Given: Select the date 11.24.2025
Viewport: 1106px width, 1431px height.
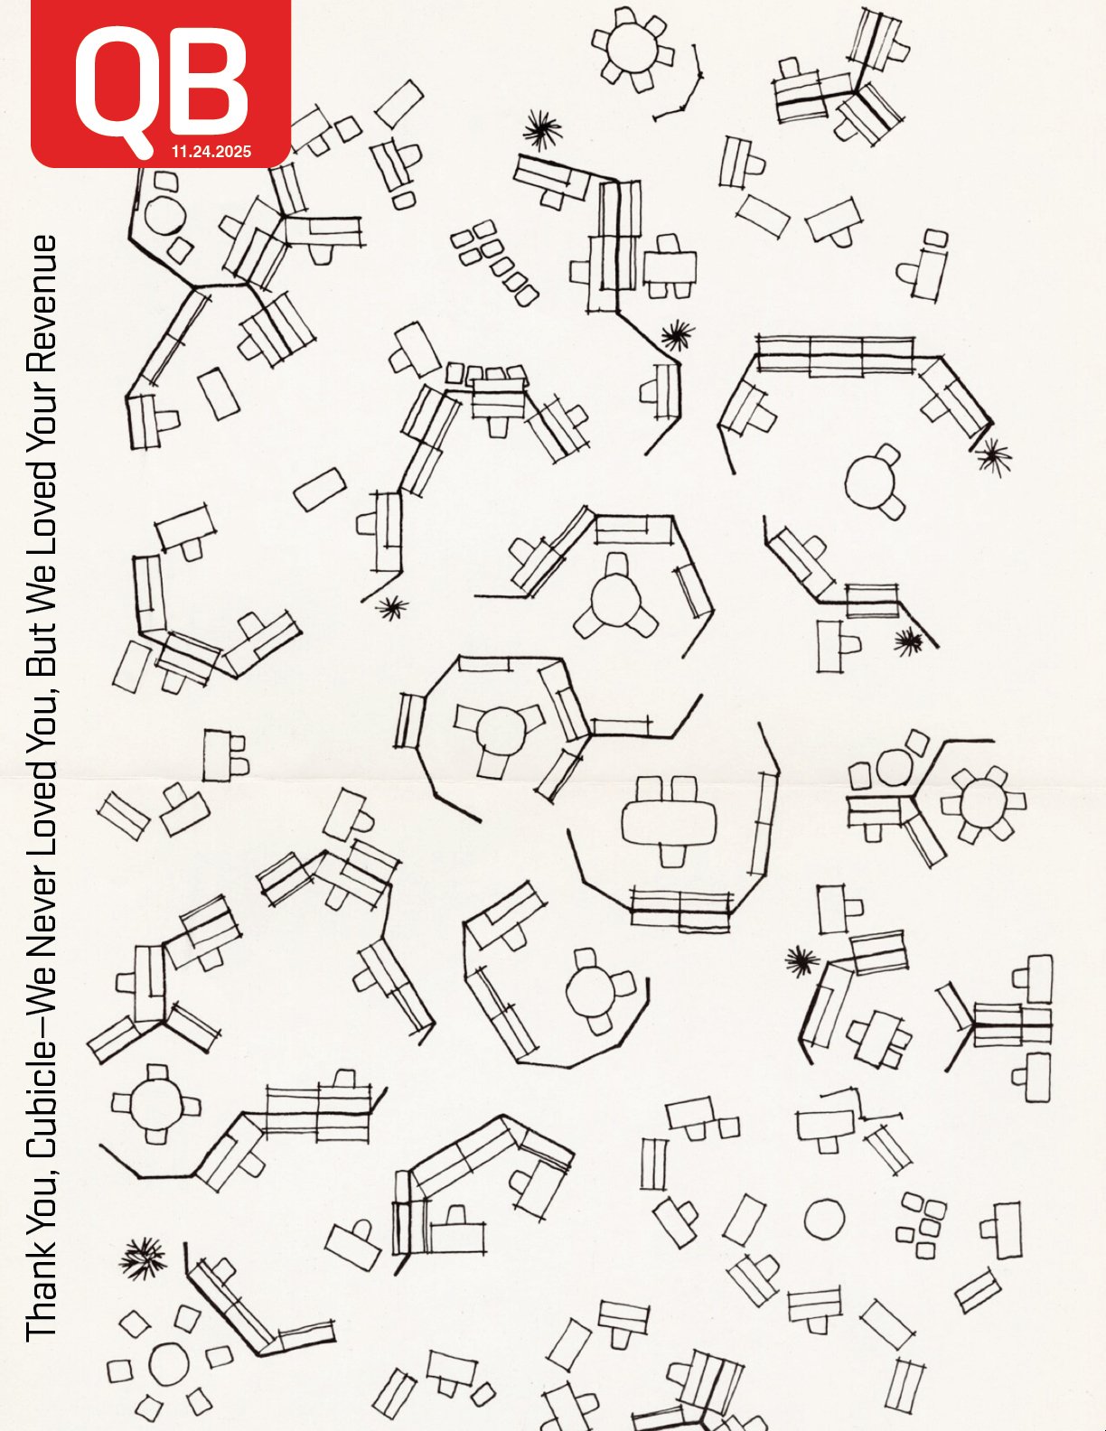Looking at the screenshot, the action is click(211, 152).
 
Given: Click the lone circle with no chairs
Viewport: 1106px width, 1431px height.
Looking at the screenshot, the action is click(824, 1218).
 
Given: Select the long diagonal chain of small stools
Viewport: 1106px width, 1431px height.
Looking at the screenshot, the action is click(494, 262).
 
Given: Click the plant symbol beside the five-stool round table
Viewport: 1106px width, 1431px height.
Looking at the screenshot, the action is click(143, 1258).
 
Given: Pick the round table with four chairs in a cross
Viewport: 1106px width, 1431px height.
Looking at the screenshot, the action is click(156, 1104).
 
